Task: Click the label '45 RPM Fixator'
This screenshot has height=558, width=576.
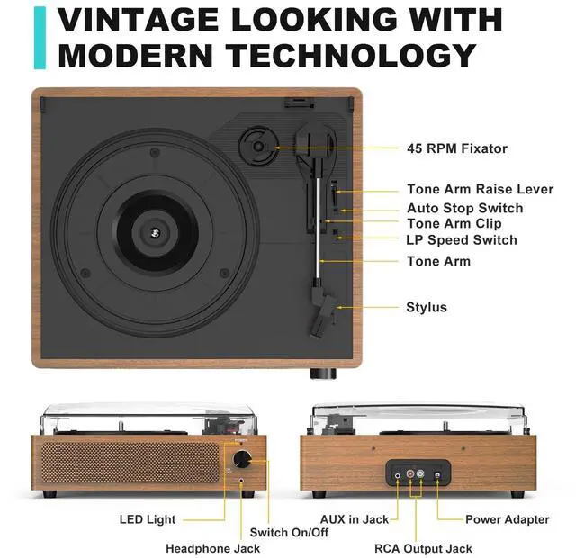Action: (x=456, y=148)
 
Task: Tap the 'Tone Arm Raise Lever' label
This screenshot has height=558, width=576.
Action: (x=480, y=190)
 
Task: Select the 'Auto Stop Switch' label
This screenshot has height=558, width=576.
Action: (x=464, y=208)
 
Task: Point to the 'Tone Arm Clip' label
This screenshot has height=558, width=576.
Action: (x=454, y=223)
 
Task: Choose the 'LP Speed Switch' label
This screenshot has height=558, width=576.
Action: (x=462, y=240)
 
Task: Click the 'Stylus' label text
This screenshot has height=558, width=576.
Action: (x=427, y=308)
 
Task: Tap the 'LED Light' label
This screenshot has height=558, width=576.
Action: (x=148, y=519)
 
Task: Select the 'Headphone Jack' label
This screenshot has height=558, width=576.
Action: (x=212, y=548)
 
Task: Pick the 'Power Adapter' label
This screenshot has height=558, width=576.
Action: (x=507, y=519)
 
